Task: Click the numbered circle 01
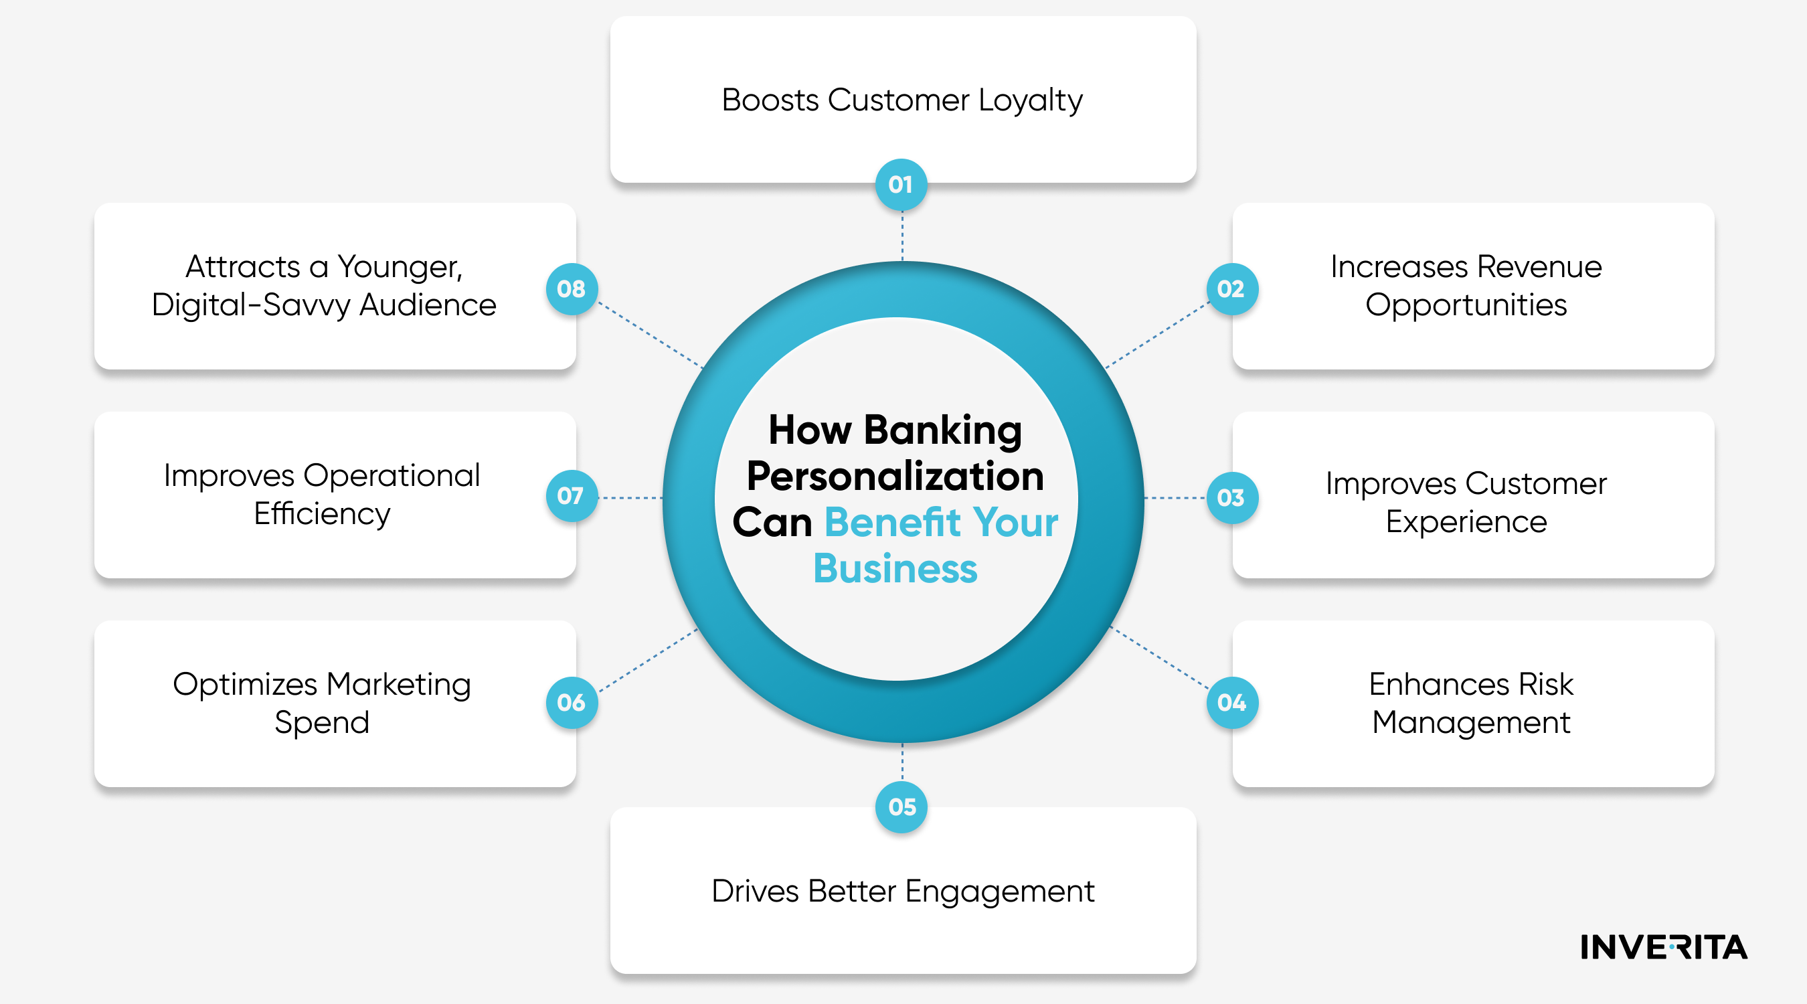(901, 185)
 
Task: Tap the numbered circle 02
(1232, 288)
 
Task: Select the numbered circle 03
(1232, 497)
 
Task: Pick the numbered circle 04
(1232, 702)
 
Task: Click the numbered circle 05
(901, 807)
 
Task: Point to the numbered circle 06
(572, 702)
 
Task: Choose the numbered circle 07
(572, 496)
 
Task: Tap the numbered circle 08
(572, 288)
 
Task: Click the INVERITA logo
(1664, 947)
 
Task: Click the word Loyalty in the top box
(1031, 101)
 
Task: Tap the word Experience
(1466, 522)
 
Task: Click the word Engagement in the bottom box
(1000, 892)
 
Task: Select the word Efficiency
(322, 514)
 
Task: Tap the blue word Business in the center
(895, 568)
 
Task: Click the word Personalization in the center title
(895, 477)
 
